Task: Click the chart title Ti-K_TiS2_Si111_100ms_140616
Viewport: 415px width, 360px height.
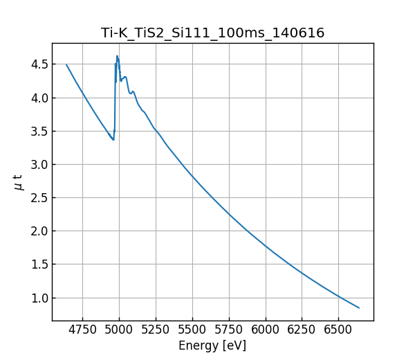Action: pyautogui.click(x=212, y=33)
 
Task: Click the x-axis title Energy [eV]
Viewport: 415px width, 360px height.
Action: pyautogui.click(x=212, y=345)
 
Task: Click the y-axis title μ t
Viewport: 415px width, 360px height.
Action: pyautogui.click(x=18, y=182)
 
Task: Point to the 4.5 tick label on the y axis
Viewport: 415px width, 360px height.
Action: pyautogui.click(x=38, y=64)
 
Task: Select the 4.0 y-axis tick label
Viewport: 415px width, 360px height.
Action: pyautogui.click(x=38, y=98)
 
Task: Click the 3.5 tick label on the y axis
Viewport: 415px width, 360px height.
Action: pyautogui.click(x=38, y=131)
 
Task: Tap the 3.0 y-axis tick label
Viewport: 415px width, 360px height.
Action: pyautogui.click(x=38, y=164)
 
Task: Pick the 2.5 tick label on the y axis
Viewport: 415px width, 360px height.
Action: pyautogui.click(x=38, y=198)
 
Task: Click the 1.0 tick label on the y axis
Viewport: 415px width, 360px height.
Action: pyautogui.click(x=38, y=298)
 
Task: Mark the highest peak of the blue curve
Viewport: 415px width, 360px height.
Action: pyautogui.click(x=117, y=56)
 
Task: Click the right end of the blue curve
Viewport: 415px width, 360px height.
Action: pyautogui.click(x=359, y=307)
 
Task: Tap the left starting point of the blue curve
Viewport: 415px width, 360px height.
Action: pyautogui.click(x=66, y=64)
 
